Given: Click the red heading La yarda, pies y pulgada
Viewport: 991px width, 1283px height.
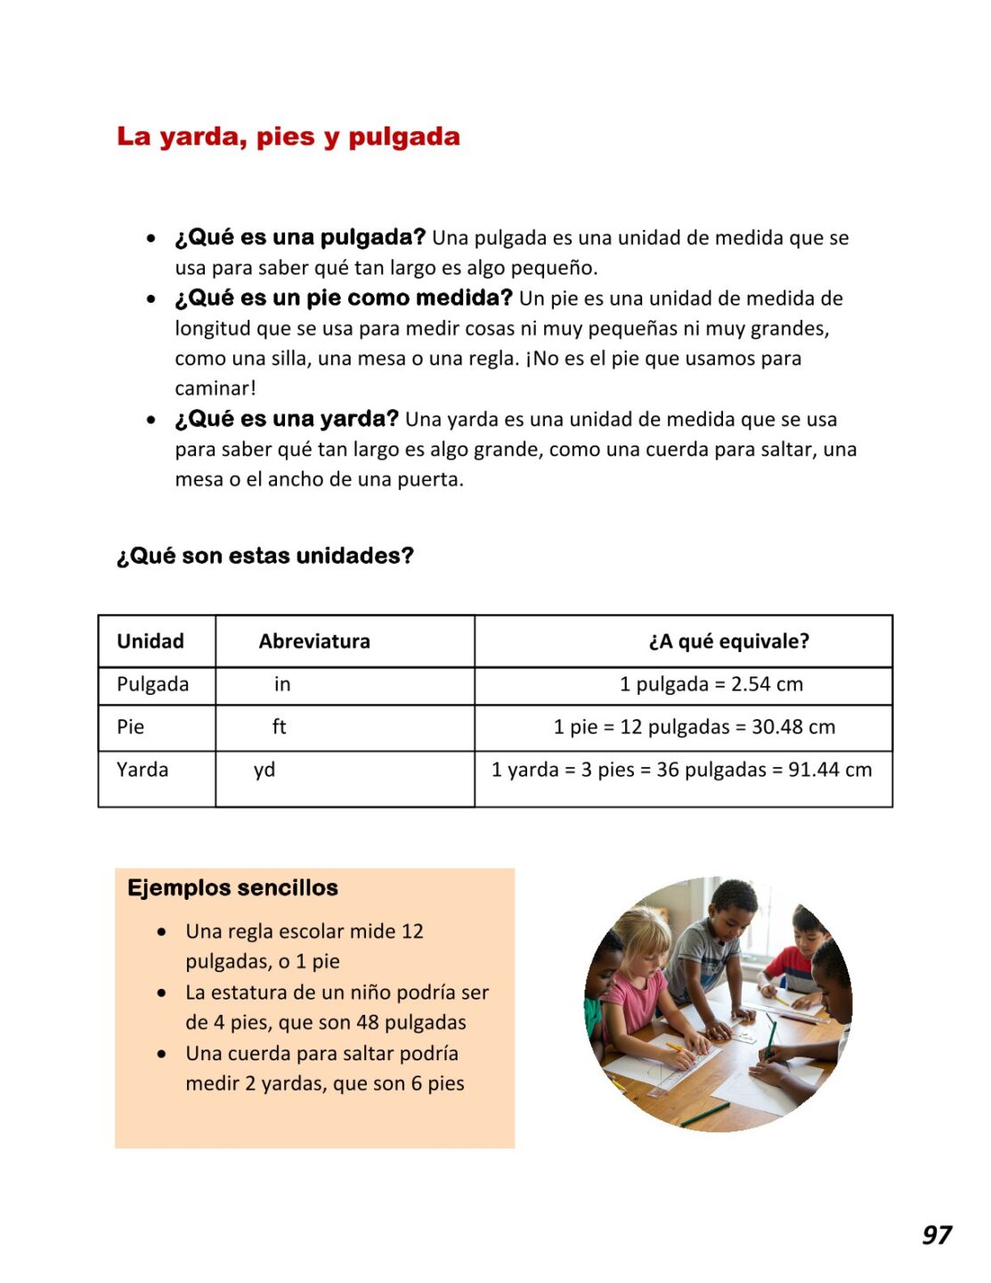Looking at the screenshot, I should point(288,137).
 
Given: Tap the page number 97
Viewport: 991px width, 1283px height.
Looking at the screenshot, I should point(936,1235).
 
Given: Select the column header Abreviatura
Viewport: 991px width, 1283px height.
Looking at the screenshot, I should point(314,641).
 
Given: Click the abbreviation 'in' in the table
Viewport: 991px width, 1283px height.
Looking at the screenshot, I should point(282,684).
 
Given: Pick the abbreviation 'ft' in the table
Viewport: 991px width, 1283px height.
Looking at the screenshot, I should point(280,727).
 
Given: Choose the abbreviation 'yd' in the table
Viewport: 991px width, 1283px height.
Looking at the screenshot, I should point(264,770).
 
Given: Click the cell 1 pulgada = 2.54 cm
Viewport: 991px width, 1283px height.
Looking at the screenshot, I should point(711,684).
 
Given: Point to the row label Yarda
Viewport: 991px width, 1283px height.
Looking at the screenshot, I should point(142,770).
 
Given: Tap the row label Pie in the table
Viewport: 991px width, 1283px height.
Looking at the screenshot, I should point(130,727).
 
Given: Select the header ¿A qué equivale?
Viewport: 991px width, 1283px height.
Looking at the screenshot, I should point(728,641).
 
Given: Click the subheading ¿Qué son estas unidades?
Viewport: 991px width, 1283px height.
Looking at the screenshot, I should point(265,556).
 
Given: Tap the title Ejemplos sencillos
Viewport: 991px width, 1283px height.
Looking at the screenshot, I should point(232,888).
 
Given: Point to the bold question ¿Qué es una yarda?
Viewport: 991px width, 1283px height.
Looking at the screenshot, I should point(287,419).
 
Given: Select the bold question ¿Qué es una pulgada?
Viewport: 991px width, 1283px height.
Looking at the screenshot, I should point(300,237).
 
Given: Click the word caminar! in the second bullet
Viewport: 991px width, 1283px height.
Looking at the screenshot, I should point(215,388).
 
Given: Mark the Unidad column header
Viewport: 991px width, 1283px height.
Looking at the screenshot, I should point(150,641).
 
